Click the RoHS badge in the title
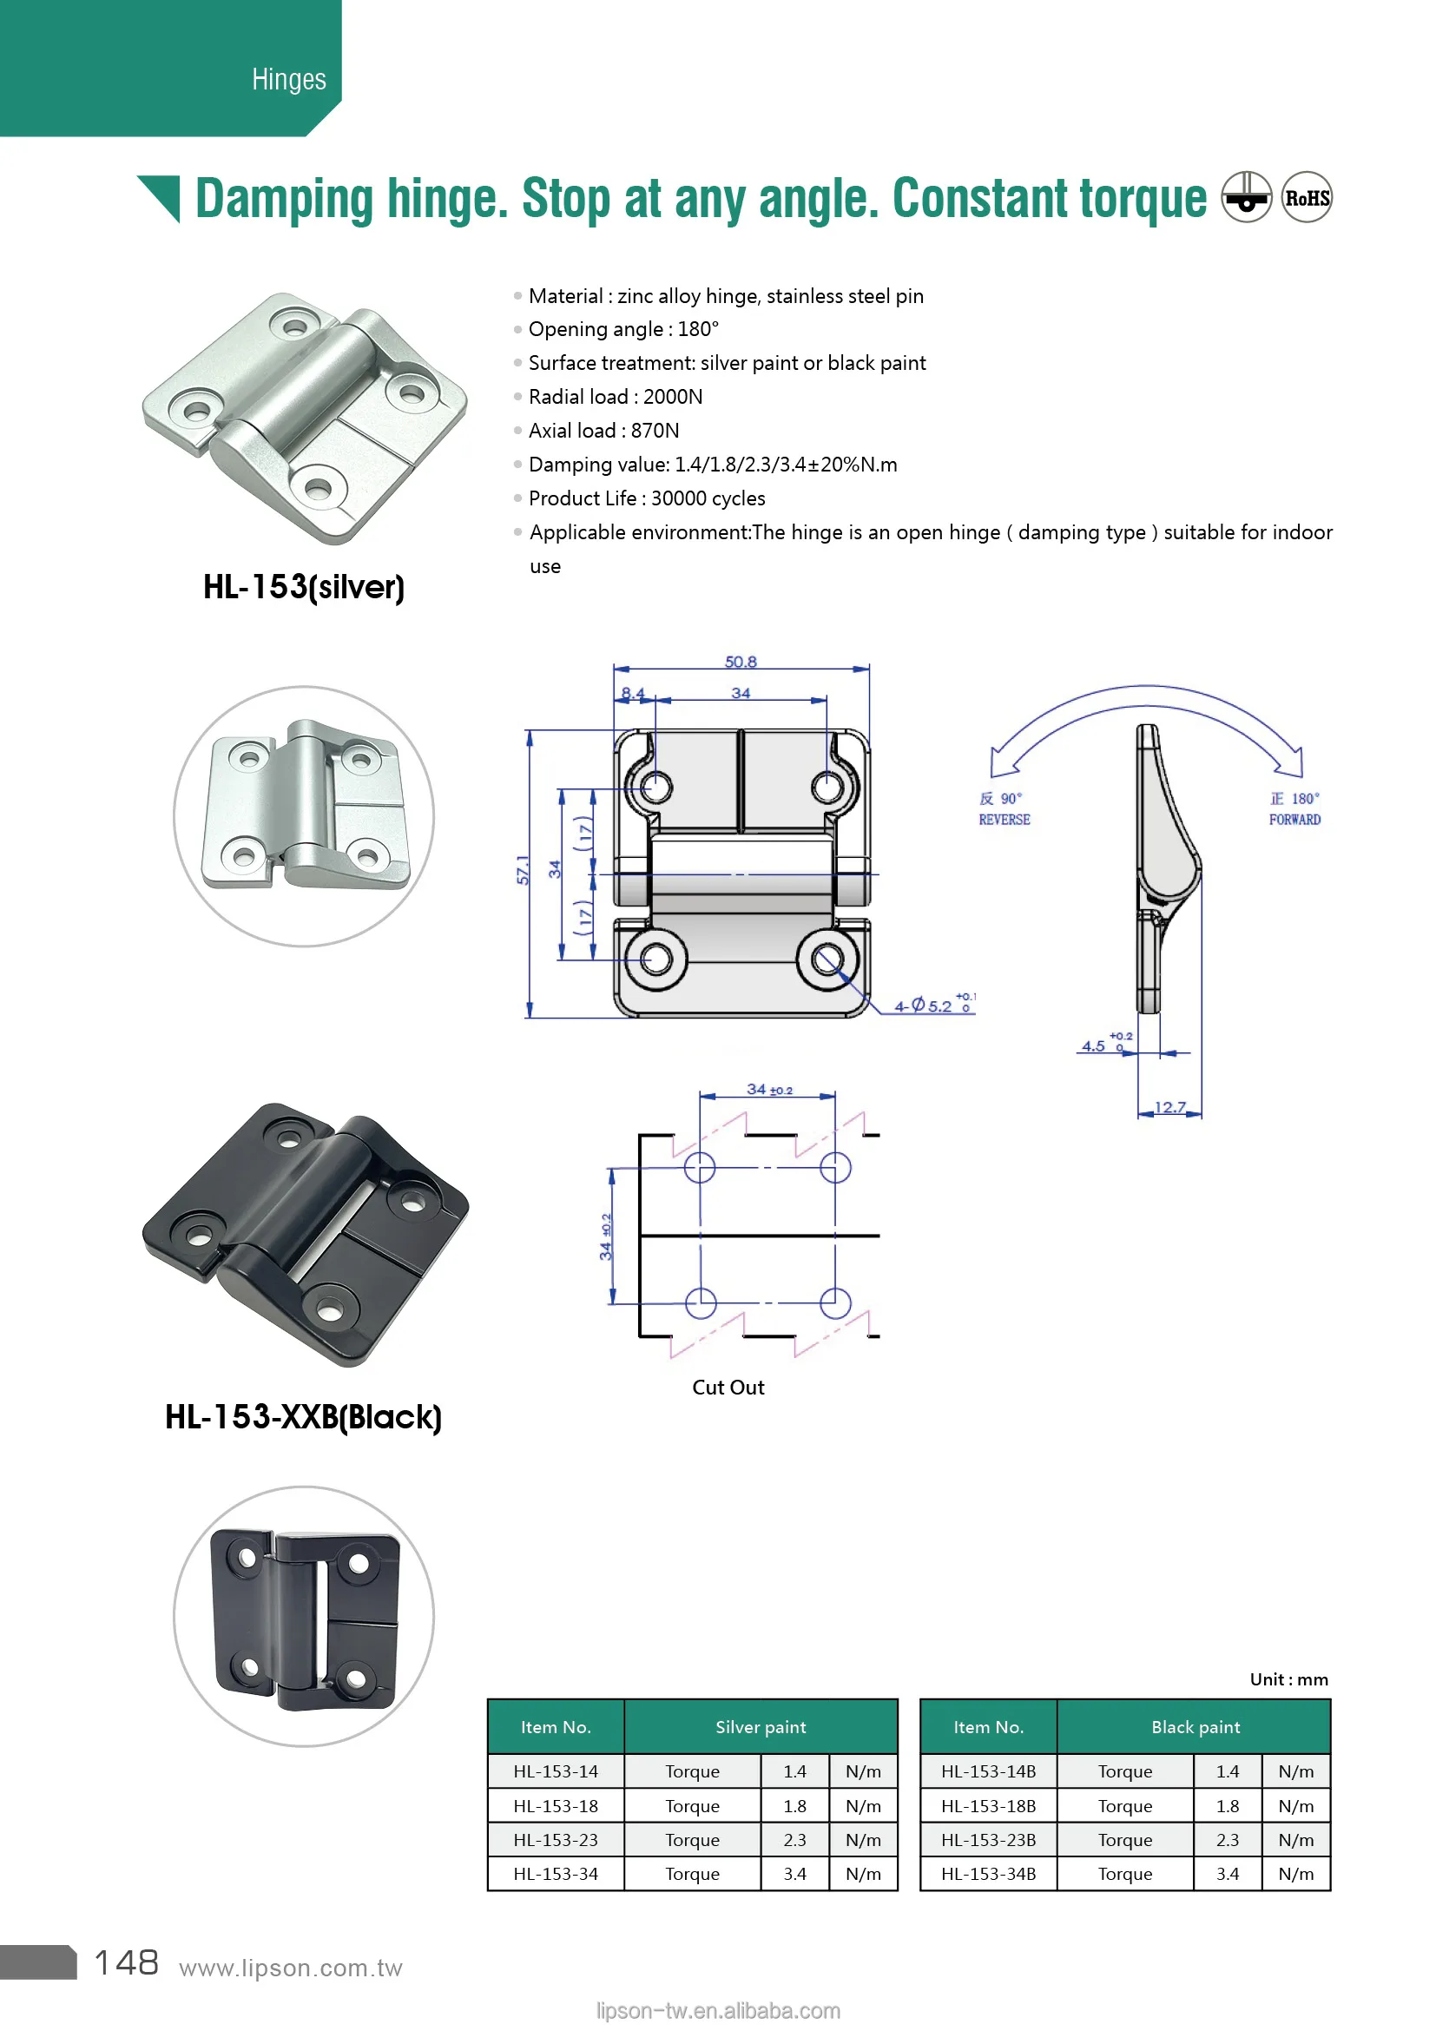[1306, 197]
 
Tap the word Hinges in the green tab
[288, 80]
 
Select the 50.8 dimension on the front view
[740, 662]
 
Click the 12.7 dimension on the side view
[1169, 1106]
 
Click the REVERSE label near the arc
[1004, 820]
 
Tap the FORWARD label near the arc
[1294, 820]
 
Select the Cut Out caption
[727, 1387]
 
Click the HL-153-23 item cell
[556, 1840]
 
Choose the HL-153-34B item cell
[988, 1874]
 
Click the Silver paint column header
[761, 1727]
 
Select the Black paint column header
[1195, 1727]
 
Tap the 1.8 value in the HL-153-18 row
[794, 1805]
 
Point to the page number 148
[127, 1963]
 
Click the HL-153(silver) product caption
[303, 587]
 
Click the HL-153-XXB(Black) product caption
[303, 1417]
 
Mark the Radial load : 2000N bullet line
[615, 397]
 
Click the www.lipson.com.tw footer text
[290, 1968]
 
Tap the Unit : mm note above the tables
[1288, 1679]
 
